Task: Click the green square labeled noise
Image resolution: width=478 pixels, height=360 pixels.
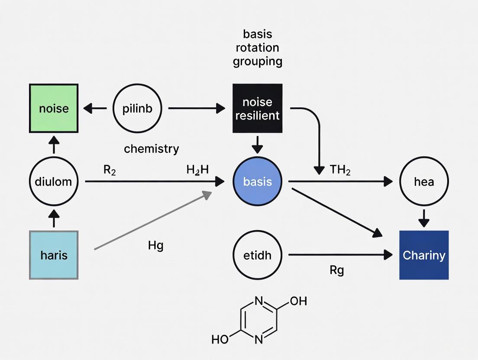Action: [x=53, y=108]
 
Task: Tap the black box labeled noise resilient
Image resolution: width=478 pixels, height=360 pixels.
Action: [x=258, y=108]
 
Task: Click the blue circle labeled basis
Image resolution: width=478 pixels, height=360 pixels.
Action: [x=257, y=181]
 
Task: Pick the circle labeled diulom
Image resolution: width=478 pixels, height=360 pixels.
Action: [x=53, y=181]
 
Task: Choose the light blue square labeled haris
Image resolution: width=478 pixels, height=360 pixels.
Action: [x=53, y=255]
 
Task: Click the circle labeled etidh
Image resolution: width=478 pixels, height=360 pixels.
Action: [x=257, y=255]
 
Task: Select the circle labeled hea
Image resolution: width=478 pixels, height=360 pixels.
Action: [x=423, y=181]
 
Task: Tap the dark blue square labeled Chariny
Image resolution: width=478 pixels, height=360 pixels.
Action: [x=423, y=255]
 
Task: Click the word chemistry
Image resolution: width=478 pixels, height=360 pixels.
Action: [x=151, y=149]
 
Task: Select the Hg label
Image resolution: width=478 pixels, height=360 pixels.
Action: [x=155, y=245]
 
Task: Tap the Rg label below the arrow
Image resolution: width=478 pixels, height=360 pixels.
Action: [x=336, y=270]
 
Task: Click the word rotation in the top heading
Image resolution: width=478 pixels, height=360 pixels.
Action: [x=258, y=47]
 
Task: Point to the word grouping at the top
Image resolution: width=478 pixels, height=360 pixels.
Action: [x=258, y=61]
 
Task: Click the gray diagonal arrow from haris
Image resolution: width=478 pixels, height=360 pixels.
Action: [x=152, y=221]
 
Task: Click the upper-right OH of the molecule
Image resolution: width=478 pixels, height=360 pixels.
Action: [x=298, y=301]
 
